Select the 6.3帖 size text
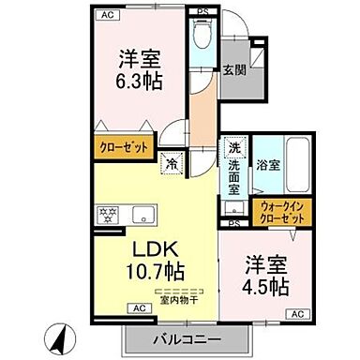[x=136, y=80]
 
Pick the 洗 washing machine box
[x=233, y=148]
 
